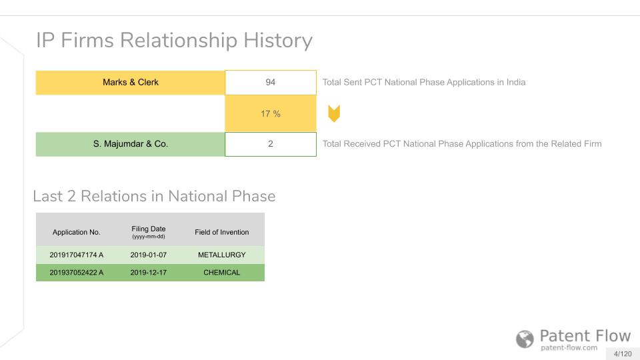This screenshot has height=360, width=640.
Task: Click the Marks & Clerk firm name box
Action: [x=130, y=83]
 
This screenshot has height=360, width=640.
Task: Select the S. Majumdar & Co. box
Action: [x=130, y=144]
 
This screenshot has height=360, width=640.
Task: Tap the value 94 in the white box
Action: [x=270, y=83]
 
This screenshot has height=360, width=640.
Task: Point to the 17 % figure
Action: [x=270, y=114]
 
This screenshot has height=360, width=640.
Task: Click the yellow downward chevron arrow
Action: [x=334, y=113]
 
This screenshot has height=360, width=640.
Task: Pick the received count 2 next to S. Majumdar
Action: [x=270, y=144]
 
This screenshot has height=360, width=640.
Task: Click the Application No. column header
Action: [x=76, y=232]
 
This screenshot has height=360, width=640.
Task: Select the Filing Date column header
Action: [x=149, y=232]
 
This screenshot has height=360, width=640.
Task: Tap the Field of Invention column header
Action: [x=221, y=232]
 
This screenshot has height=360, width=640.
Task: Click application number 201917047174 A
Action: [x=76, y=255]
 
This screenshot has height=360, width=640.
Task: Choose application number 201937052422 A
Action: [x=76, y=273]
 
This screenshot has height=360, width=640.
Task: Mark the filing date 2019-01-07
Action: [x=149, y=255]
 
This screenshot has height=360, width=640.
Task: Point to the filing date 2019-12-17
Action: [x=149, y=273]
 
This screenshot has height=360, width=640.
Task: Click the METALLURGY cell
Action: [x=221, y=255]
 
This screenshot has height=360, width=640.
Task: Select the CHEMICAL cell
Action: [x=221, y=273]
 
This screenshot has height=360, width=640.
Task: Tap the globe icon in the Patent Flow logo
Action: [x=525, y=339]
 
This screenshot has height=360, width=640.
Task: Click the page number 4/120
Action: [x=623, y=354]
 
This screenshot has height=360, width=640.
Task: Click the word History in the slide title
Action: [x=278, y=41]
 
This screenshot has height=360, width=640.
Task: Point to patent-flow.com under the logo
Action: [x=569, y=348]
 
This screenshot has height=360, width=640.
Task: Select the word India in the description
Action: [x=516, y=83]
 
